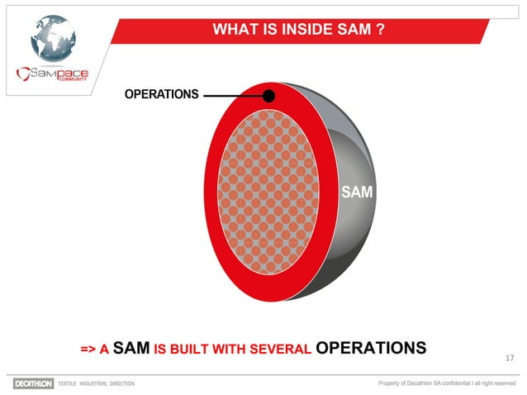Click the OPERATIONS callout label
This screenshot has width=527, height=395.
(x=161, y=95)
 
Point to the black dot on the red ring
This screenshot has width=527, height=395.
(x=268, y=96)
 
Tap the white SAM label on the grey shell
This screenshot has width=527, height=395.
(x=357, y=193)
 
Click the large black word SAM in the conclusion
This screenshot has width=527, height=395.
(x=131, y=347)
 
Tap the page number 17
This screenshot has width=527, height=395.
(x=509, y=358)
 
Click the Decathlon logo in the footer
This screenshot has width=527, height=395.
(x=32, y=383)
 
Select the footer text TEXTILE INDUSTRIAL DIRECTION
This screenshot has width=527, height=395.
(x=95, y=384)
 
